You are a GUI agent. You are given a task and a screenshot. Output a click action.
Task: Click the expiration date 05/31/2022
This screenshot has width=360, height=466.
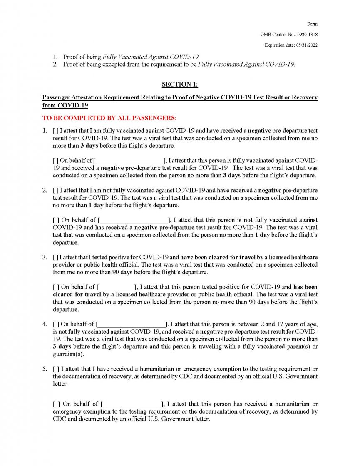pyautogui.click(x=305, y=45)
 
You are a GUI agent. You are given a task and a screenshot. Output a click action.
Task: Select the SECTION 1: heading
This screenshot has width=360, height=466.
pyautogui.click(x=180, y=84)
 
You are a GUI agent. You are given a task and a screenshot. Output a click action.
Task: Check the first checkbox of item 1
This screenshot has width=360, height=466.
pyautogui.click(x=55, y=131)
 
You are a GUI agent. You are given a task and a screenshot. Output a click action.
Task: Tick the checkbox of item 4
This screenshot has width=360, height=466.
pyautogui.click(x=55, y=324)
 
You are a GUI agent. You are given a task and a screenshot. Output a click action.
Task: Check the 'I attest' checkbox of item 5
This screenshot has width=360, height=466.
pyautogui.click(x=55, y=369)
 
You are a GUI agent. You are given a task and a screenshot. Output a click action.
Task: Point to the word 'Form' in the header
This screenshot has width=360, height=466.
pyautogui.click(x=313, y=24)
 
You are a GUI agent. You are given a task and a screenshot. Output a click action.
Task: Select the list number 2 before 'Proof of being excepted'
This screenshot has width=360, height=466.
pyautogui.click(x=55, y=64)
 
